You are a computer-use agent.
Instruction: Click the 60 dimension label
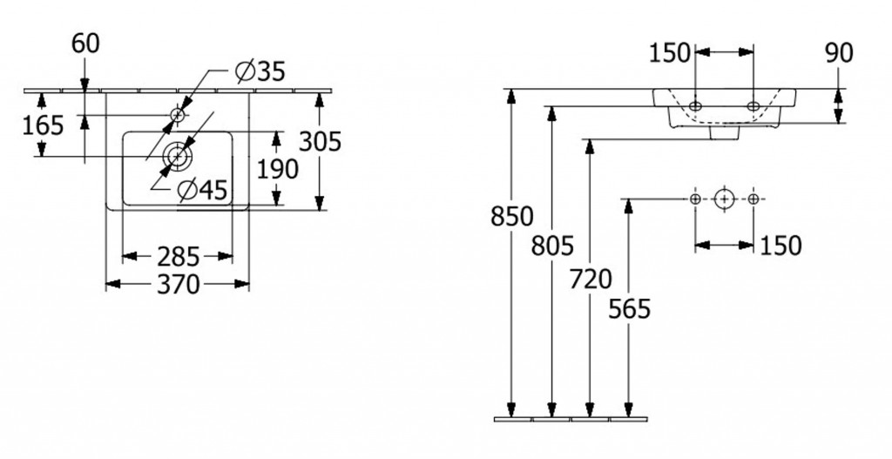[x=85, y=44]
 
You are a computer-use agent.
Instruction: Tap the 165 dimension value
[x=44, y=125]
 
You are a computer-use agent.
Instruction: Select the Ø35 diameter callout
[x=260, y=71]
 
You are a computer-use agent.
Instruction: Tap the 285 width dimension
[x=178, y=257]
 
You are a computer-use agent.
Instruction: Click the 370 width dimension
[x=178, y=284]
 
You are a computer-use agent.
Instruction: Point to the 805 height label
[x=551, y=246]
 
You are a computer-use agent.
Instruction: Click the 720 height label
[x=591, y=279]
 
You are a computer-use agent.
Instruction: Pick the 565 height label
[x=630, y=308]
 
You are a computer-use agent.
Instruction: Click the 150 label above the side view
[x=670, y=54]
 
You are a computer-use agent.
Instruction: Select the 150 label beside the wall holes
[x=780, y=246]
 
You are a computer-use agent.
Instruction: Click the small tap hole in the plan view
[x=178, y=114]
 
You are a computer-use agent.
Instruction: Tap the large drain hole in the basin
[x=179, y=156]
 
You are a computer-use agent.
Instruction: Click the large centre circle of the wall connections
[x=724, y=199]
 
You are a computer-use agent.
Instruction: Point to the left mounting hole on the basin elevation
[x=694, y=106]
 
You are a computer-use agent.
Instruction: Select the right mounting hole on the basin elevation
[x=753, y=106]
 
